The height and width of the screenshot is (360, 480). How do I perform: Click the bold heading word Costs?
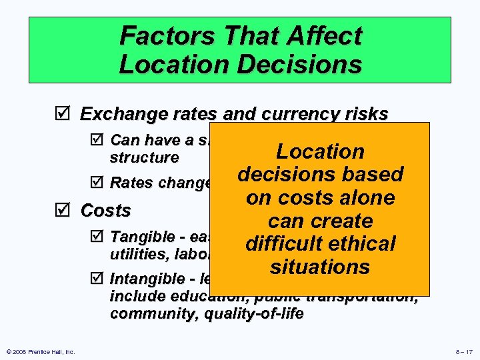pos(105,211)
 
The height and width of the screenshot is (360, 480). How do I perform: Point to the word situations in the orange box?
pos(320,267)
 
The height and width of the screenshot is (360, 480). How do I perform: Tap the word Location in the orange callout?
pos(320,151)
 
